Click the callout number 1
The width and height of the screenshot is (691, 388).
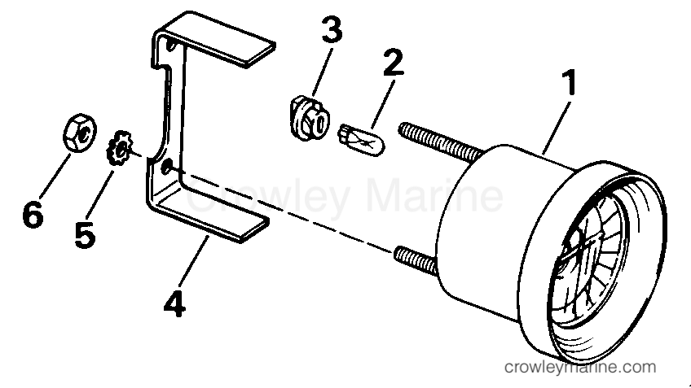pos(570,82)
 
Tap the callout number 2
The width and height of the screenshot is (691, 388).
pos(393,63)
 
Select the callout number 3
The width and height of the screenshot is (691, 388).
pos(332,29)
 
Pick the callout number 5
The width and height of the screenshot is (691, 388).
pos(85,234)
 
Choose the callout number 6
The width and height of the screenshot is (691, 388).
pos(33,214)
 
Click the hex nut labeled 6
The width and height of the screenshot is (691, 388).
pos(79,133)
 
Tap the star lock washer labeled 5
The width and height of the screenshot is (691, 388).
pos(119,148)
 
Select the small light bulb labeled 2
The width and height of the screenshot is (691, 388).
pos(361,140)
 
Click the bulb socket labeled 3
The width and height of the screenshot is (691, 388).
pos(310,118)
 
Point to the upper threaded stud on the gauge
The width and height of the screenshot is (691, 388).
pos(441,141)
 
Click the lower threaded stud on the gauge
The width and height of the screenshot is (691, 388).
pos(416,260)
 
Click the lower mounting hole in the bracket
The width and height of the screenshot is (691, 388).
pos(167,168)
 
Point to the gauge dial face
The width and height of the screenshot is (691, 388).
pos(588,264)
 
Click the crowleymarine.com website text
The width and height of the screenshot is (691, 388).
pos(580,367)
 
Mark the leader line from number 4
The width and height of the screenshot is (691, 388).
pos(193,260)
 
